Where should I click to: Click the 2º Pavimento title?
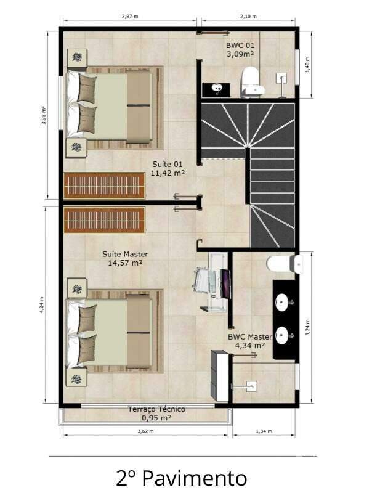(x=181, y=478)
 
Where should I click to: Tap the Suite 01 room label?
(x=168, y=168)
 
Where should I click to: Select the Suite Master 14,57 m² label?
(x=125, y=258)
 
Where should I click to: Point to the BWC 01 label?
(x=240, y=49)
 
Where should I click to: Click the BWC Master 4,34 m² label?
(x=249, y=341)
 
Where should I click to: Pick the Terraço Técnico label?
(x=156, y=413)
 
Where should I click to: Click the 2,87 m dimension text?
(x=129, y=17)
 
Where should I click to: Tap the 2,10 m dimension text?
(x=248, y=17)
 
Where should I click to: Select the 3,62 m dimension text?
(x=145, y=431)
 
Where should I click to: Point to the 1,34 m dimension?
(x=263, y=431)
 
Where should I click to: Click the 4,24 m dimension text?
(x=42, y=306)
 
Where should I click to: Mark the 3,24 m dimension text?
(x=307, y=327)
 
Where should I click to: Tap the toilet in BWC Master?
(x=284, y=264)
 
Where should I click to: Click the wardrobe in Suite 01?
(x=105, y=186)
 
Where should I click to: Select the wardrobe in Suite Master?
(x=105, y=219)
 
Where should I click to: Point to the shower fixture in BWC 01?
(x=283, y=78)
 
